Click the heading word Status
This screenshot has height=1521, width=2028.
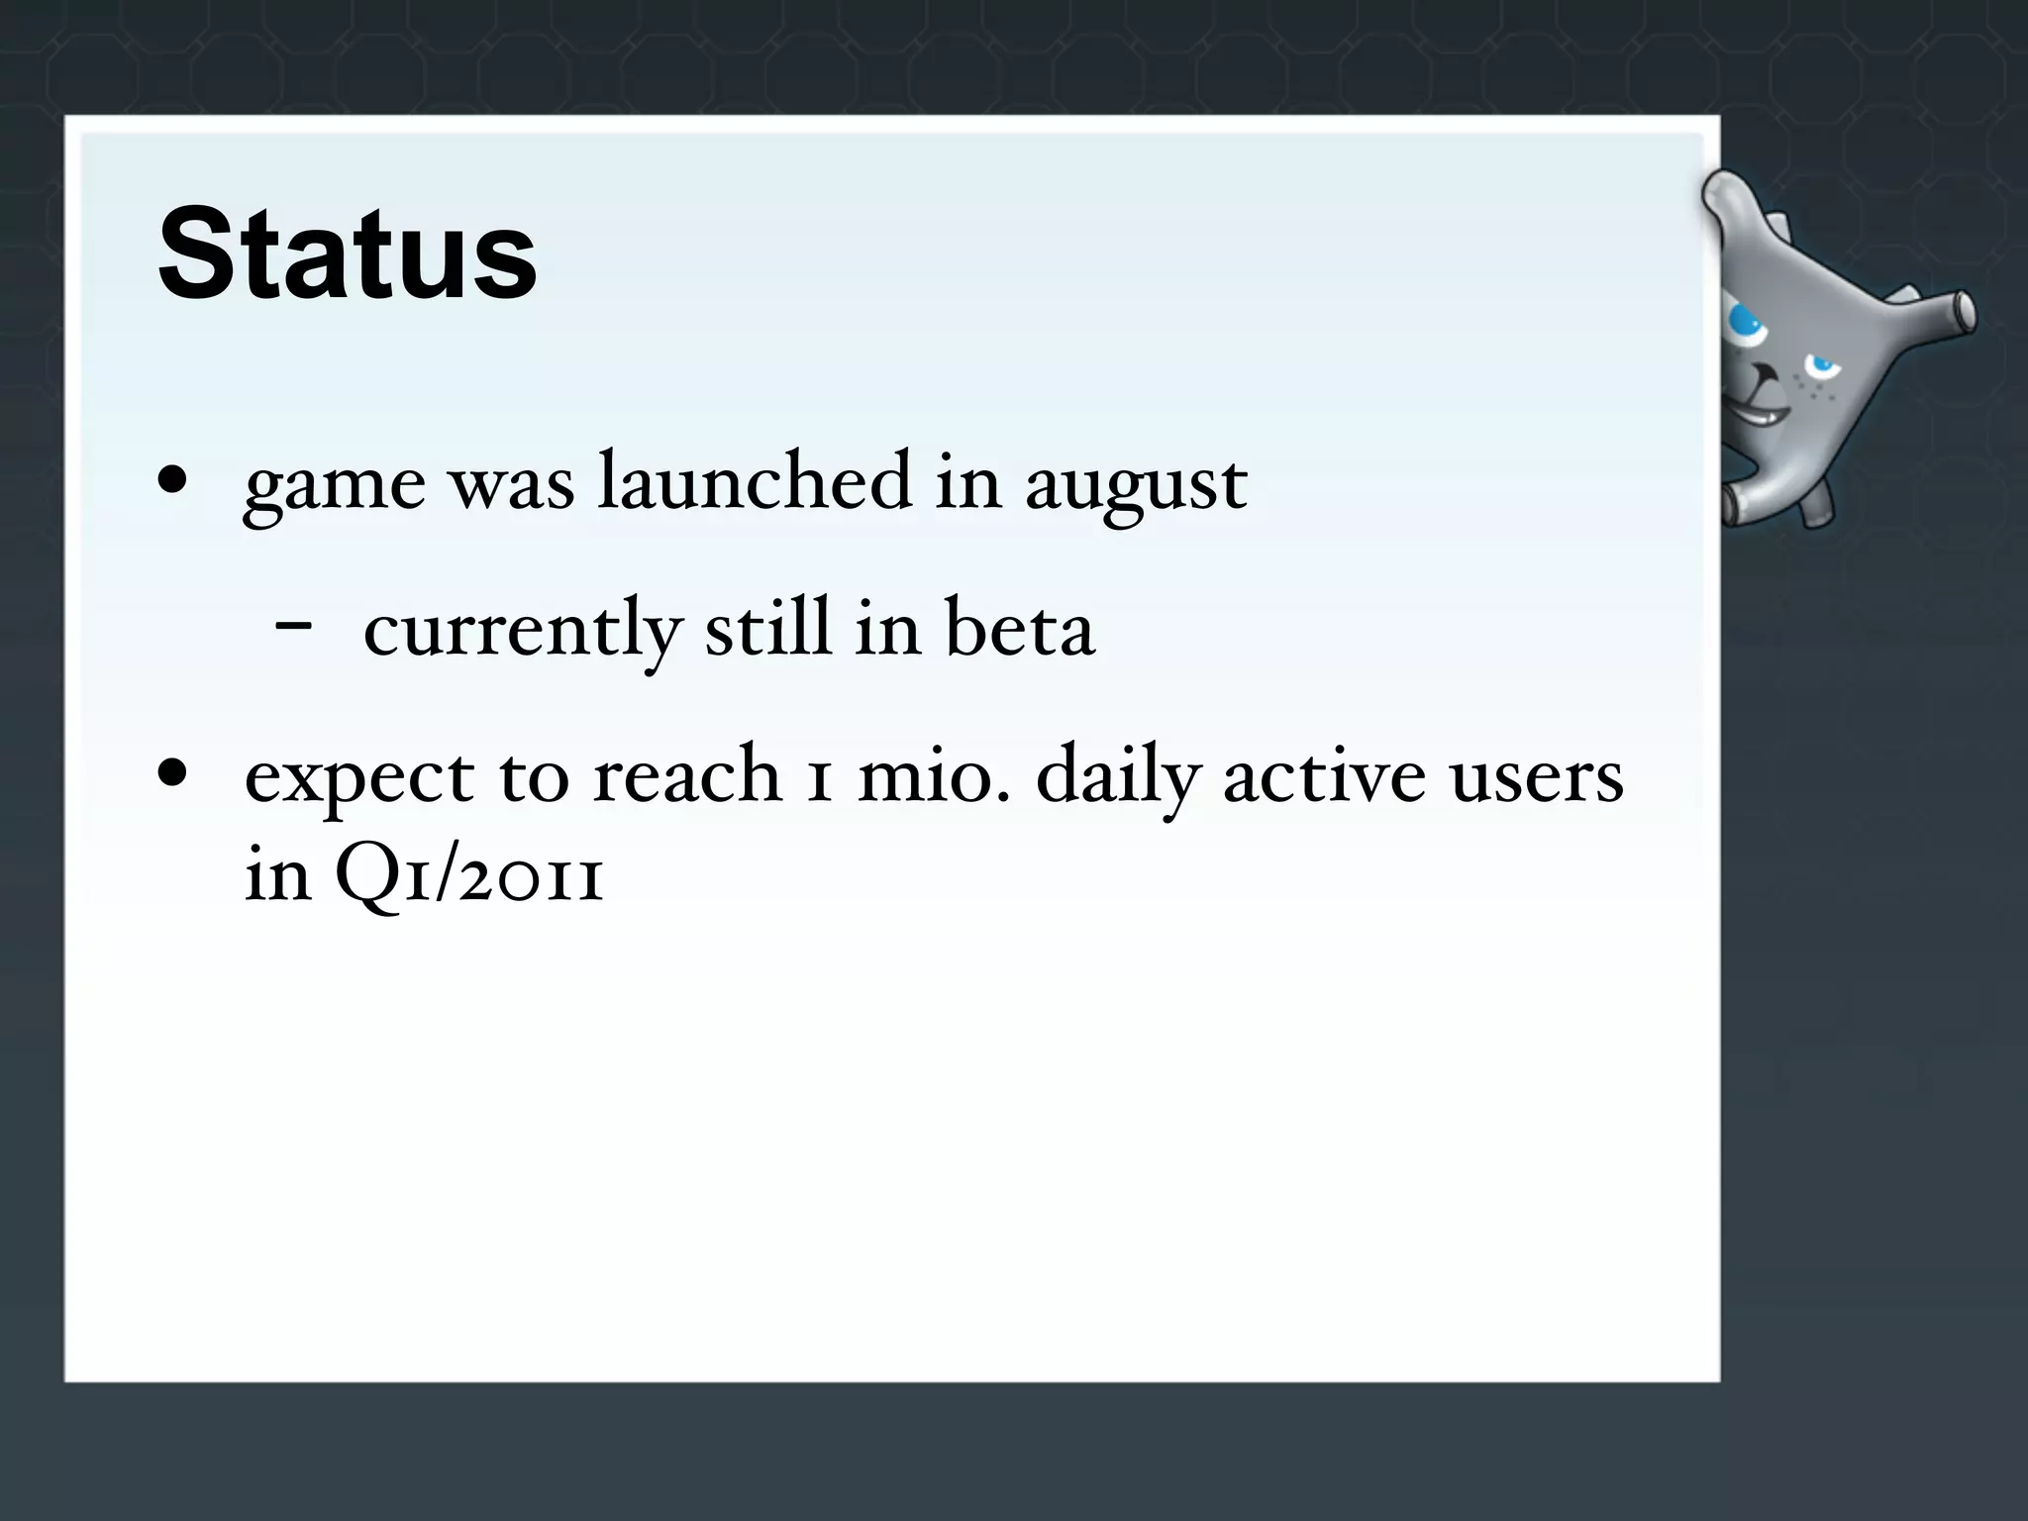347,253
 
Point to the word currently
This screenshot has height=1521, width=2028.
523,630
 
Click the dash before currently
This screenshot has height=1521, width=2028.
294,626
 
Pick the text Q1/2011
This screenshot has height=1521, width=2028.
469,875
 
